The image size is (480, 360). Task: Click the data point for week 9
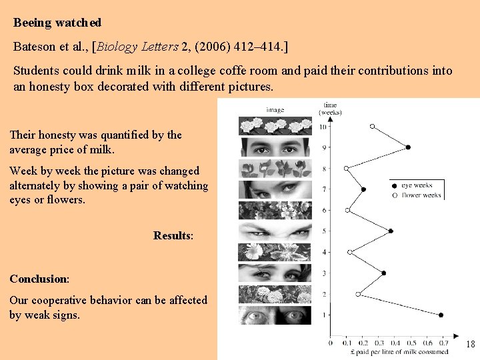pos(408,147)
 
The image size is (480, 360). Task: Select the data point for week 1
pos(441,315)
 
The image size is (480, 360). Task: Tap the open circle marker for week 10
pos(372,126)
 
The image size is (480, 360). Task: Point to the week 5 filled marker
pos(391,231)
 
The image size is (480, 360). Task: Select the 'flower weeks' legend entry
pos(419,195)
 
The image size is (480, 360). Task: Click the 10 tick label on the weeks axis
pos(323,127)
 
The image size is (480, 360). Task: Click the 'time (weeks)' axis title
pos(331,108)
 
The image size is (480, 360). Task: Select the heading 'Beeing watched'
pos(57,23)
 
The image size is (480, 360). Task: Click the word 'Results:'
pos(173,235)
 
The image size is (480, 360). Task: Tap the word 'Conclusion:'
pos(39,279)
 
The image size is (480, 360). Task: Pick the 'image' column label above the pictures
pos(275,109)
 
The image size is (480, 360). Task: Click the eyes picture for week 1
pos(275,315)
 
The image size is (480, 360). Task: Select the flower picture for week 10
pos(275,126)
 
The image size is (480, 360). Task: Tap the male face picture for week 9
pos(275,147)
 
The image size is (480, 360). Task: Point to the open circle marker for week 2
pos(358,294)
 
